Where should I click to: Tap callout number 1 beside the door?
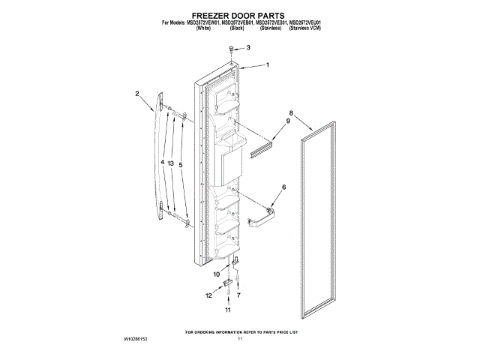click(266, 65)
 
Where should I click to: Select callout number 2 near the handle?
click(137, 94)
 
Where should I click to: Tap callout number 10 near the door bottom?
click(216, 275)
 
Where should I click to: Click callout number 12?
click(209, 295)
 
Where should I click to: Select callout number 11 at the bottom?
click(229, 310)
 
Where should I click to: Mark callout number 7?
click(239, 295)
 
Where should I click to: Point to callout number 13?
click(171, 163)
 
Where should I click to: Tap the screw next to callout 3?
click(232, 49)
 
